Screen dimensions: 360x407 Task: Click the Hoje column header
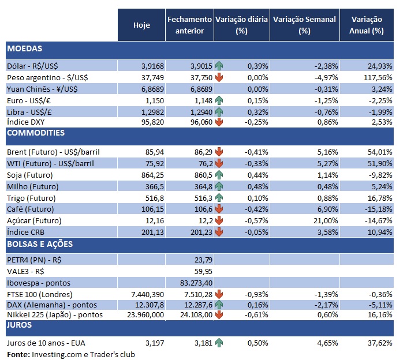(x=141, y=25)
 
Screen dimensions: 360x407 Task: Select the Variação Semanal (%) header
(x=304, y=25)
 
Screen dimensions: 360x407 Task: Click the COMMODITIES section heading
(x=36, y=133)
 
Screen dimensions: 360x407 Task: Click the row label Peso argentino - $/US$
(x=47, y=77)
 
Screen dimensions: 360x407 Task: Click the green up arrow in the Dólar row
(x=219, y=66)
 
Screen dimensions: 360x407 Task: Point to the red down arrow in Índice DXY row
(x=219, y=121)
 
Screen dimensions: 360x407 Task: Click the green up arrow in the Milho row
(x=219, y=186)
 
